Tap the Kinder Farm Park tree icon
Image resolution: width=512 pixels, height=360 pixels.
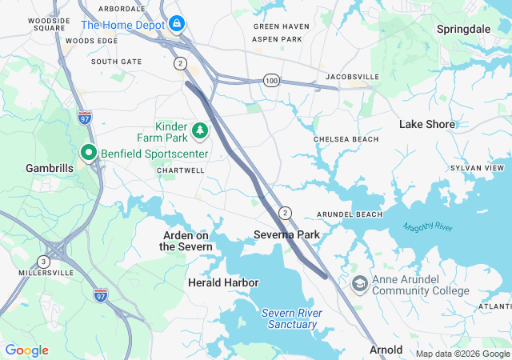pyautogui.click(x=198, y=128)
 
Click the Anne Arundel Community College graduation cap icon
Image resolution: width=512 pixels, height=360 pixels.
pyautogui.click(x=361, y=284)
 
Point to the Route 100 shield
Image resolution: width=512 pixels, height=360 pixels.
pyautogui.click(x=272, y=81)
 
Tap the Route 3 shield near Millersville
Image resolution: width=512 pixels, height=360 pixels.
pyautogui.click(x=43, y=262)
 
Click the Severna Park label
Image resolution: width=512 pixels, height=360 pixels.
pyautogui.click(x=286, y=234)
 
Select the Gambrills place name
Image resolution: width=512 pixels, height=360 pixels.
pyautogui.click(x=50, y=169)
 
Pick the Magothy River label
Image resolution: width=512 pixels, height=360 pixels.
pyautogui.click(x=428, y=228)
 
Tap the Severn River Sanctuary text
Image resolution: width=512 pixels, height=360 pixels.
pyautogui.click(x=291, y=318)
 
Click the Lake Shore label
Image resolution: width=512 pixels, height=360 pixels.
pyautogui.click(x=427, y=124)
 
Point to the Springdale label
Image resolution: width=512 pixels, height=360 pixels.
pyautogui.click(x=463, y=29)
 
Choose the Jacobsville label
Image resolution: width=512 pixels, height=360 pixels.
pyautogui.click(x=352, y=77)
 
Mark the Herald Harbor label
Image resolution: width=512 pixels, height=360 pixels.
pyautogui.click(x=223, y=282)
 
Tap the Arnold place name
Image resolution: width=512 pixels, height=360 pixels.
pyautogui.click(x=386, y=350)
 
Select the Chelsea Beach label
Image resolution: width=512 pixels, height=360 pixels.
pyautogui.click(x=346, y=139)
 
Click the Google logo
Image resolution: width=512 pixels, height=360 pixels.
pyautogui.click(x=26, y=350)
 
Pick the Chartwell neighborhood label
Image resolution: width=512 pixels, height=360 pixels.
pyautogui.click(x=181, y=170)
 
